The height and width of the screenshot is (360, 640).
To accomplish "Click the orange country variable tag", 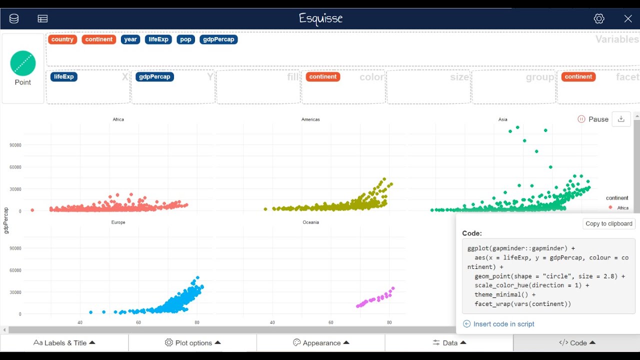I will coord(62,39).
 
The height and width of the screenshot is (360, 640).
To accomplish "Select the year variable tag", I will coord(130,39).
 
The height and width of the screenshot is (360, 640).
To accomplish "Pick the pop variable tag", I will coord(185,39).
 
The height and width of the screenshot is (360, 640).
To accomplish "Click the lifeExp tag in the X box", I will coord(64,76).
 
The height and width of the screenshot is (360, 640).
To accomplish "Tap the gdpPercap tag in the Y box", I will coord(154,76).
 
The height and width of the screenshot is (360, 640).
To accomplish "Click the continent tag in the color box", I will coord(323,76).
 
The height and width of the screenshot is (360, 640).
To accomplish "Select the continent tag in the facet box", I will coord(578,76).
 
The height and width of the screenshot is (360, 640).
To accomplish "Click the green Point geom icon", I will coord(23,63).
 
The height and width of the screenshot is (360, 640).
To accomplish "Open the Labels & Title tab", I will coord(64,343).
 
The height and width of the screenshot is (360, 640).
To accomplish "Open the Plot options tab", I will coord(192,343).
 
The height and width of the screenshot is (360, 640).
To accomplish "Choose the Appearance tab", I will coord(321,343).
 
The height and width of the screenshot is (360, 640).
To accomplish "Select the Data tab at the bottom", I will coord(449,343).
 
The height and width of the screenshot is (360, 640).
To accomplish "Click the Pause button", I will coord(593,119).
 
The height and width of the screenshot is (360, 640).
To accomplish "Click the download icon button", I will coord(621,119).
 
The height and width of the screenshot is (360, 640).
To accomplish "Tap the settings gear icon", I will coord(599,18).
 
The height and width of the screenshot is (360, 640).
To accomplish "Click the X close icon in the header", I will coord(628,18).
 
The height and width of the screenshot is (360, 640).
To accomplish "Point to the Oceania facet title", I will coord(310,222).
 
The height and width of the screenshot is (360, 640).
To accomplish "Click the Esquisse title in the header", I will coord(320,18).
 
